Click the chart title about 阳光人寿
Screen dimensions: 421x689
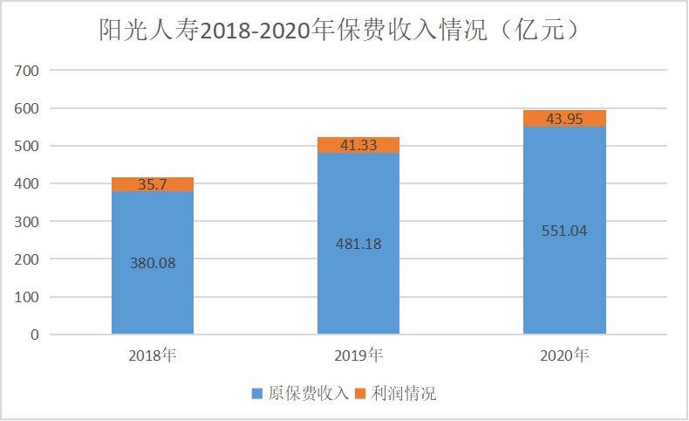(x=339, y=31)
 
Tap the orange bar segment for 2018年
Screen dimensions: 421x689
(x=153, y=184)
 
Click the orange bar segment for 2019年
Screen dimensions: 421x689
(x=358, y=145)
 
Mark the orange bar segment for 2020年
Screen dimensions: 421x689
(x=564, y=119)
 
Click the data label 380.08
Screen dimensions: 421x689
(x=153, y=262)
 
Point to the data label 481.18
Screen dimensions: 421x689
(x=358, y=244)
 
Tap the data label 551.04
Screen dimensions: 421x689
(x=564, y=231)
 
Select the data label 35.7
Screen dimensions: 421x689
(x=153, y=185)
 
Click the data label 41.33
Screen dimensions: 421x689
(x=358, y=146)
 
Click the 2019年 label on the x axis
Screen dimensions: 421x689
(x=358, y=355)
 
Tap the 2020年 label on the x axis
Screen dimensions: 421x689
(x=564, y=355)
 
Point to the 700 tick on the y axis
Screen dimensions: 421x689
(x=28, y=71)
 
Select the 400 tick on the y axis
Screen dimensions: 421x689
(x=28, y=184)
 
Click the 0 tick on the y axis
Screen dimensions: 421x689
(x=35, y=335)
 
